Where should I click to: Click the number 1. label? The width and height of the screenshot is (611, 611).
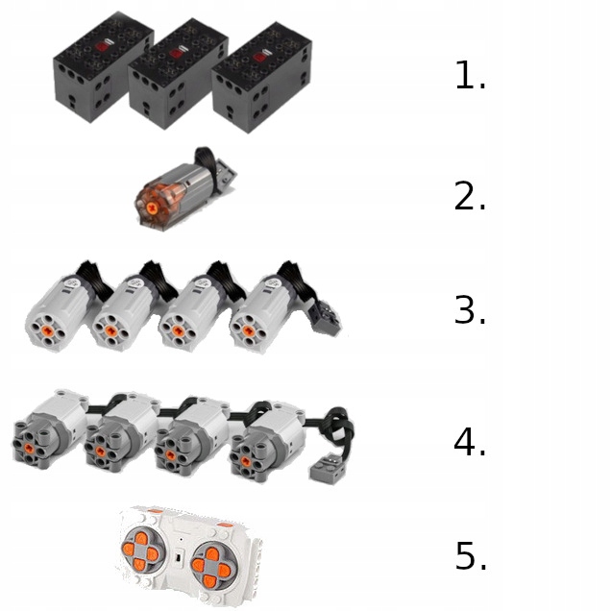coord(470,77)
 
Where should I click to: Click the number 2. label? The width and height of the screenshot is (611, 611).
coord(470,197)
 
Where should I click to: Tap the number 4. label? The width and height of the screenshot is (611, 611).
coord(470,443)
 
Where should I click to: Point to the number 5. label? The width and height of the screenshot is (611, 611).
coord(470,556)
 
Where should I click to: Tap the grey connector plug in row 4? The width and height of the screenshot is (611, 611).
coord(324,469)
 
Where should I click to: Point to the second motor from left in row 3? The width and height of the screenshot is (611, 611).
coord(123,312)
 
